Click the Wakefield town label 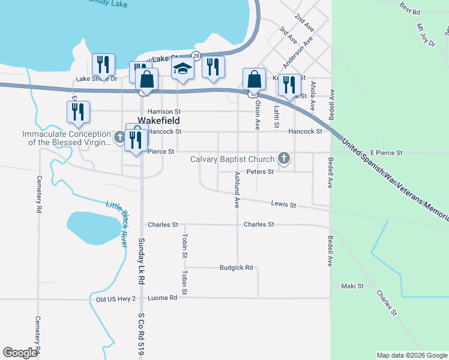point(164,121)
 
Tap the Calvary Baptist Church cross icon point(284,159)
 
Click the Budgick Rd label point(236,268)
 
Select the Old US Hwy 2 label point(116,298)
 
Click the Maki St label point(352,286)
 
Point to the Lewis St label point(284,205)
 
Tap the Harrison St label point(164,112)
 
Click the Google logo point(20,352)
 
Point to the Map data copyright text point(411,355)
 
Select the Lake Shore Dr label point(97,79)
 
